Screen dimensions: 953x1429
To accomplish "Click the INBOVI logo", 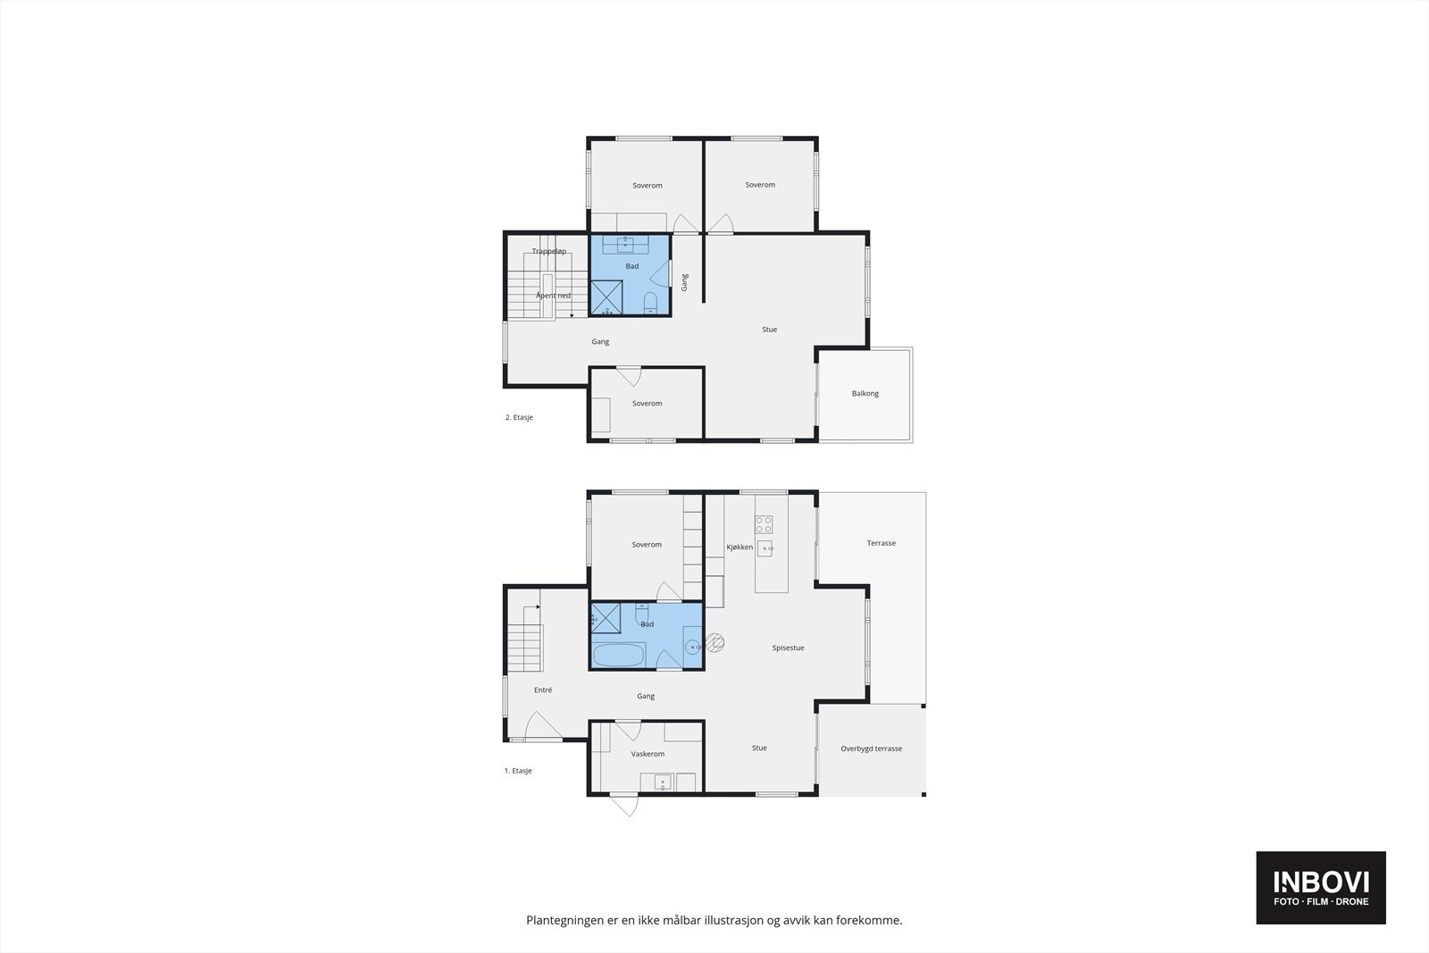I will pyautogui.click(x=1320, y=887).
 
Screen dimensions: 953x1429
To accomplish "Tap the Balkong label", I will pyautogui.click(x=865, y=394).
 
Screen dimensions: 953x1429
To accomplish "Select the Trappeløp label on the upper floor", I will pyautogui.click(x=549, y=252).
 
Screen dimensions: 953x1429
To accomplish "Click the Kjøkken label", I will pyautogui.click(x=740, y=548).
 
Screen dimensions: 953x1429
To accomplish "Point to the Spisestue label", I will pyautogui.click(x=788, y=648).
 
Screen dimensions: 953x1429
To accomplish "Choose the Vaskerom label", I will pyautogui.click(x=648, y=755).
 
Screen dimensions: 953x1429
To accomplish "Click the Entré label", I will pyautogui.click(x=543, y=690).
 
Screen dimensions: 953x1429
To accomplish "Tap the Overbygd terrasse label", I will pyautogui.click(x=871, y=749).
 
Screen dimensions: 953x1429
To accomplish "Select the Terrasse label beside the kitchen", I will pyautogui.click(x=881, y=544).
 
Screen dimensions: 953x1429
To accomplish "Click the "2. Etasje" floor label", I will pyautogui.click(x=519, y=418).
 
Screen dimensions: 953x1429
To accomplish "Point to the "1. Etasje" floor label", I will pyautogui.click(x=518, y=771).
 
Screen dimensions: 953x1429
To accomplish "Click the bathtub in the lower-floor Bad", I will pyautogui.click(x=618, y=656).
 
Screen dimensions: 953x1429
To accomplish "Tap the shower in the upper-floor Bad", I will pyautogui.click(x=606, y=297).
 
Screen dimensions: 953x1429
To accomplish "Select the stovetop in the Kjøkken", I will pyautogui.click(x=764, y=524).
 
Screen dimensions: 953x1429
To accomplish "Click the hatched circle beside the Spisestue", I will pyautogui.click(x=715, y=641).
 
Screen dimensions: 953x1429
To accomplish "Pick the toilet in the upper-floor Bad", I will pyautogui.click(x=651, y=299).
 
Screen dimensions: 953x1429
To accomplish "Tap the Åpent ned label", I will pyautogui.click(x=553, y=296).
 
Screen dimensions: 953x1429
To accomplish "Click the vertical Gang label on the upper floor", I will pyautogui.click(x=685, y=282).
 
